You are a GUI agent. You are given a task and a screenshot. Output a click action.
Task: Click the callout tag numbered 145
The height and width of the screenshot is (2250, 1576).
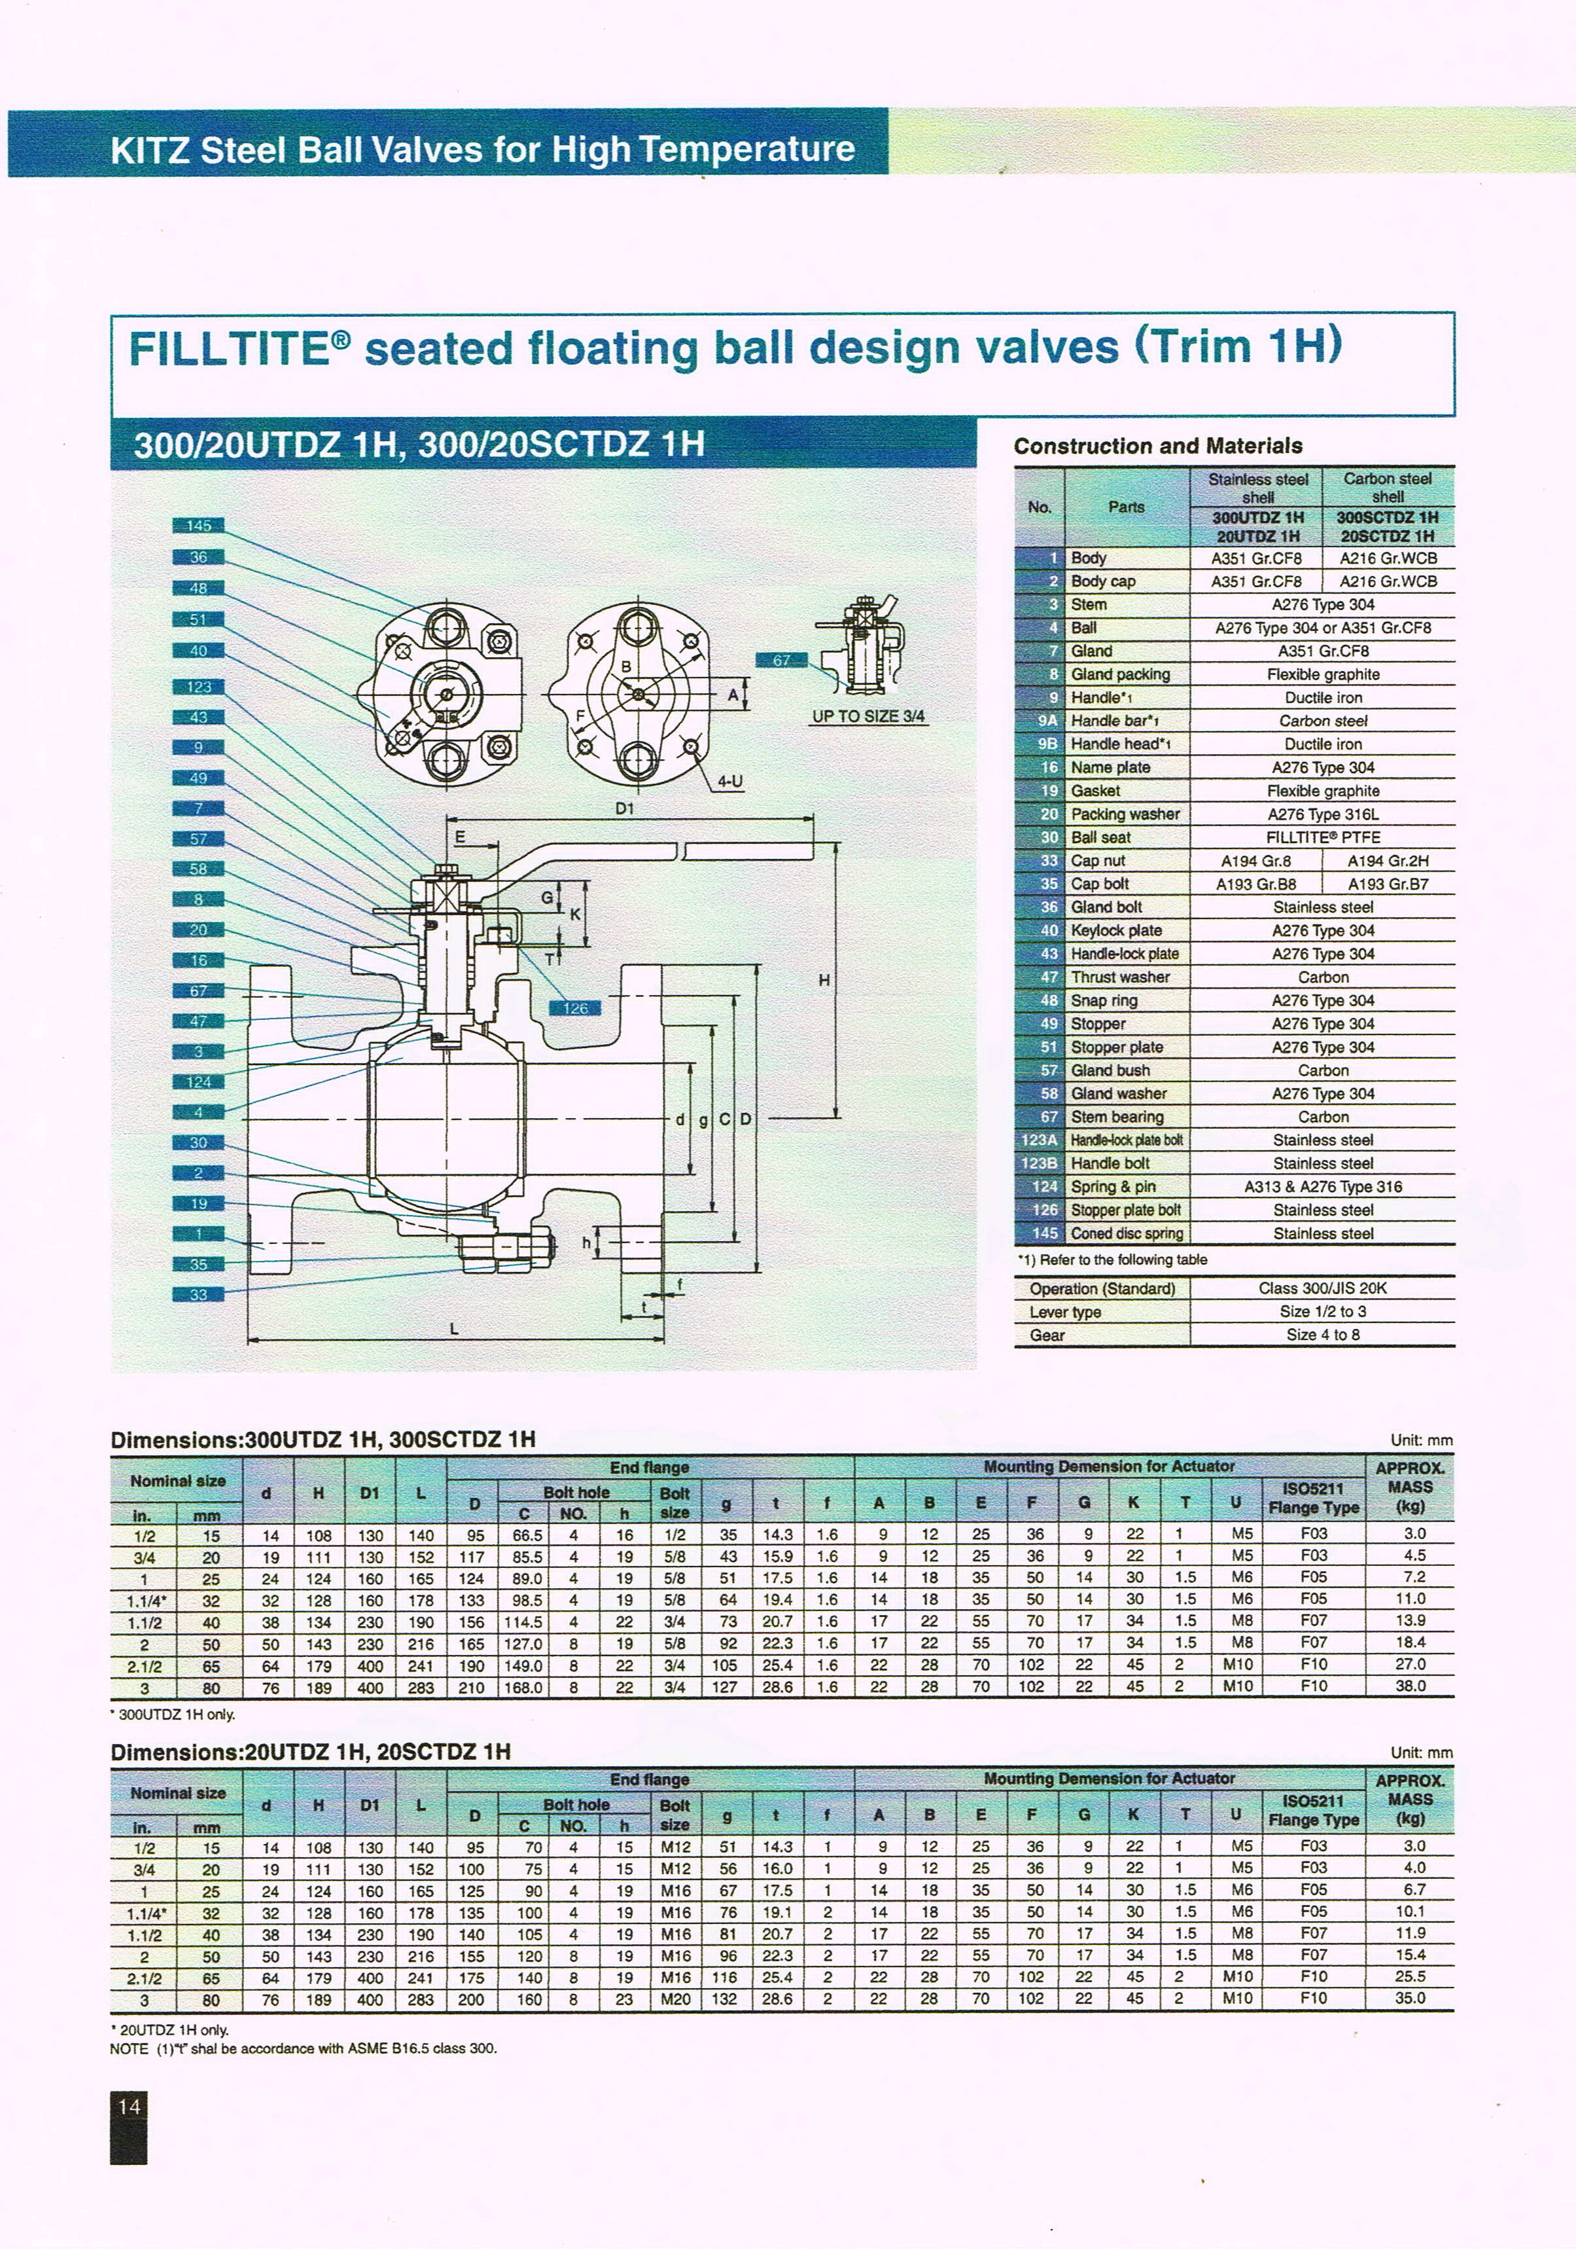click(198, 525)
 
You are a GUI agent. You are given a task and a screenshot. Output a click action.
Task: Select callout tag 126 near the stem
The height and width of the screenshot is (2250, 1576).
click(575, 1007)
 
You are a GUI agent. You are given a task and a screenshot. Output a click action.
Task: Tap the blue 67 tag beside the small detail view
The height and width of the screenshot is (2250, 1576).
click(780, 661)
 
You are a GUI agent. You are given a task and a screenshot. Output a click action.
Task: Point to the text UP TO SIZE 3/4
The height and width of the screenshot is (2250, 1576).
click(868, 716)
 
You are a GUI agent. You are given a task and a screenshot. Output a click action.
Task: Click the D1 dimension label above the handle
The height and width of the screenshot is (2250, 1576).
click(625, 808)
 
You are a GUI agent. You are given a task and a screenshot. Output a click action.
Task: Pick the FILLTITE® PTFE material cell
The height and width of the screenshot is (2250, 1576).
click(1322, 837)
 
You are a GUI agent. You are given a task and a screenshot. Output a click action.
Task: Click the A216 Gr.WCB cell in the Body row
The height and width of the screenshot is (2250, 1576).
click(1388, 558)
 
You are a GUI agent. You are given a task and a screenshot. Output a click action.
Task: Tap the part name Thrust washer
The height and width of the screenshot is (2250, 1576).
click(1119, 977)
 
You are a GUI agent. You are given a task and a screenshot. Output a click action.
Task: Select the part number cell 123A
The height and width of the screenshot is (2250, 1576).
click(1040, 1140)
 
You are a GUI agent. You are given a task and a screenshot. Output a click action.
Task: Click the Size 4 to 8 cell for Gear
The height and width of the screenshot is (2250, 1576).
click(1322, 1335)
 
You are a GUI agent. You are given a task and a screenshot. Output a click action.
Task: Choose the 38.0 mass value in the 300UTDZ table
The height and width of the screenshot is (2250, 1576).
click(1409, 1686)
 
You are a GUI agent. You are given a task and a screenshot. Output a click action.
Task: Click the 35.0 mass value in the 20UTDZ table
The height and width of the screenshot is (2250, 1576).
click(1409, 1998)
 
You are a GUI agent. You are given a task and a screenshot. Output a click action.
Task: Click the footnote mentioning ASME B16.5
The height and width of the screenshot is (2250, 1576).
click(304, 2049)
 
